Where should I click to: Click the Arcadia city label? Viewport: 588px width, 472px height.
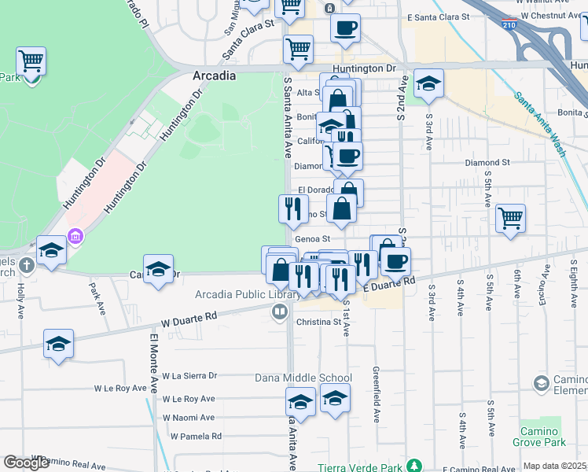(x=214, y=76)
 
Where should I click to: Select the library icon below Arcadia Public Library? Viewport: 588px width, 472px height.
(x=279, y=312)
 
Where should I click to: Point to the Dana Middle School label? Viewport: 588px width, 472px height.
(x=303, y=378)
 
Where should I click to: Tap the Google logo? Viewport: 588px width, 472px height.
(x=26, y=463)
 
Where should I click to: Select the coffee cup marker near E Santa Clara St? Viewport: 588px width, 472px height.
(x=345, y=29)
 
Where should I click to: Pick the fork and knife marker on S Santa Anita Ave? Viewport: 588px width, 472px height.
(x=293, y=209)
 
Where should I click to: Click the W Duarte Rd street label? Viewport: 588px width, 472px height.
(x=189, y=320)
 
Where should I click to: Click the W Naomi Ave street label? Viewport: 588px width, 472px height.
(x=189, y=418)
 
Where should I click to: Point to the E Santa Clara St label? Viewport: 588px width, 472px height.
(x=439, y=17)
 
